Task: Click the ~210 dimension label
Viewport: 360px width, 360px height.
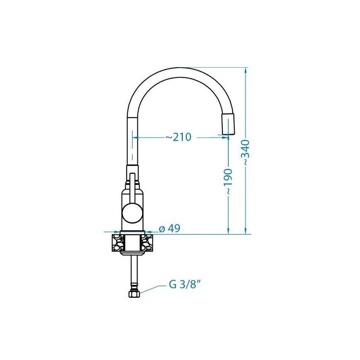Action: (178, 137)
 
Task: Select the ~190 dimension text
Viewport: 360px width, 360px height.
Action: (229, 182)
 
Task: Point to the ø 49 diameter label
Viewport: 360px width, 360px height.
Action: (170, 229)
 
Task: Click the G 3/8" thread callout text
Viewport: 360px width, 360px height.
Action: (185, 285)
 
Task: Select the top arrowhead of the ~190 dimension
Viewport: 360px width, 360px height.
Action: (229, 138)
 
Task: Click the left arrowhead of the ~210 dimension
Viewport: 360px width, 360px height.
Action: (135, 137)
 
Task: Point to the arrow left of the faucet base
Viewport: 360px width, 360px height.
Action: (117, 232)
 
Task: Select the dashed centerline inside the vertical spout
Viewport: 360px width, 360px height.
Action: (132, 145)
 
